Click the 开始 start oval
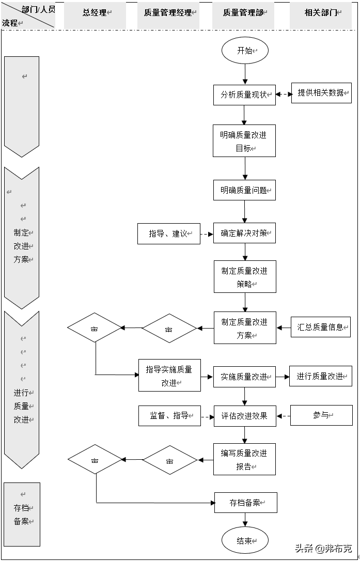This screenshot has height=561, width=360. point(245,51)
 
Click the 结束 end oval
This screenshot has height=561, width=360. point(245,541)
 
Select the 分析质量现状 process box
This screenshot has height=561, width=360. point(244,95)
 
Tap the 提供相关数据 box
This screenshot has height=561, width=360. point(321,93)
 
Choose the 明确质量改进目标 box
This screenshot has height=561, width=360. point(244,141)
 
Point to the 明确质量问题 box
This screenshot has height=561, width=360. point(244,190)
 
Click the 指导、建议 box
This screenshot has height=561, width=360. point(168,233)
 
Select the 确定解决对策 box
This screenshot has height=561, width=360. point(245,233)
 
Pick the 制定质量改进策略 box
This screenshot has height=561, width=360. point(245,277)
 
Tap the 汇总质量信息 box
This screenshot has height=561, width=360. point(321,327)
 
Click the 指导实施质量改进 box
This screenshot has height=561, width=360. point(169,376)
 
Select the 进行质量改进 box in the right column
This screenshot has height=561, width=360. point(321,376)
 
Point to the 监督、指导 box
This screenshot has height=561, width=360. point(169,415)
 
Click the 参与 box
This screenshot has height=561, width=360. point(321,415)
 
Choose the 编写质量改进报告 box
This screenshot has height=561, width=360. point(244,459)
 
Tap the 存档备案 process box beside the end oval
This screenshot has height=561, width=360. point(246,502)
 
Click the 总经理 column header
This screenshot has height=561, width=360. point(95,13)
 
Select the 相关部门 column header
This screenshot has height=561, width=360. point(322,13)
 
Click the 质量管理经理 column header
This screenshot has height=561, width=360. point(169,13)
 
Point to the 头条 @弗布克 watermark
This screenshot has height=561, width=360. point(323,549)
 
